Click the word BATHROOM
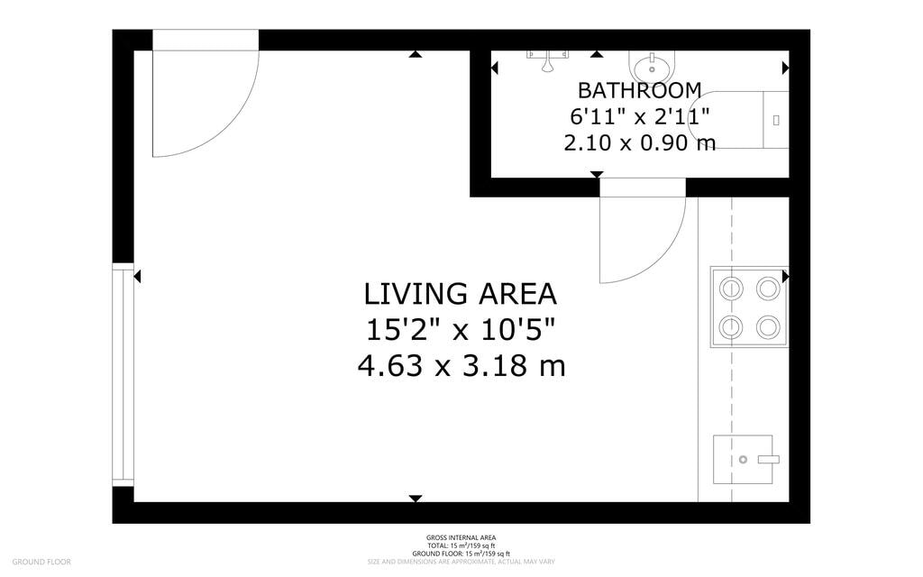click(x=639, y=90)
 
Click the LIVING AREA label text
click(x=460, y=294)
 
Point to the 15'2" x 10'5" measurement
click(x=460, y=330)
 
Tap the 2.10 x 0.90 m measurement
click(x=639, y=142)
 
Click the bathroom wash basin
click(x=651, y=67)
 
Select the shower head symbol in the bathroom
click(x=547, y=63)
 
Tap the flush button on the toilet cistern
click(x=776, y=119)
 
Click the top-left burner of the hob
click(x=731, y=288)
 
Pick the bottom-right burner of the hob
click(x=767, y=325)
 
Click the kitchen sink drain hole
click(x=744, y=460)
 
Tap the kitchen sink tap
click(x=767, y=460)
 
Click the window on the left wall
click(x=123, y=374)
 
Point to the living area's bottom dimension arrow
click(x=415, y=498)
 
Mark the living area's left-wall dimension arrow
click(x=137, y=277)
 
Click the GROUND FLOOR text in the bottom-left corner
click(x=41, y=562)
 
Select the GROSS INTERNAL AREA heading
click(x=461, y=538)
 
